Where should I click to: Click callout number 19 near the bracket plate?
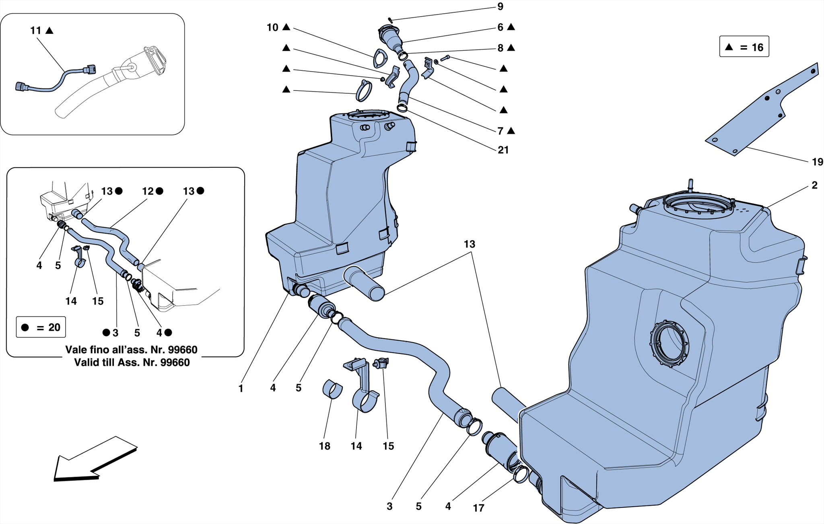(x=817, y=162)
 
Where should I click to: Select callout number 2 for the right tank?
(x=814, y=185)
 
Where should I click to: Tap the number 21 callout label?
(x=503, y=150)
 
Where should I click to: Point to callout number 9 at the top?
(x=500, y=6)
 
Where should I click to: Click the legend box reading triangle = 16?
(x=744, y=47)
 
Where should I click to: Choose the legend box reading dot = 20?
(x=41, y=327)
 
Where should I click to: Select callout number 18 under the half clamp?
(x=324, y=446)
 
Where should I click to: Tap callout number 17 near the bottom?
(x=478, y=508)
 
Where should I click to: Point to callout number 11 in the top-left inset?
(x=36, y=31)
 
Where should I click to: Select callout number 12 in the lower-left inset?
(x=148, y=191)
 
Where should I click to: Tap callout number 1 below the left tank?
(x=241, y=388)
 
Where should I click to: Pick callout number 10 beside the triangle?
(x=272, y=27)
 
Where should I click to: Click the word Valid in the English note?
(x=86, y=362)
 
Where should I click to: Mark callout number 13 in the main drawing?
(x=469, y=244)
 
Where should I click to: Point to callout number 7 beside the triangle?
(x=500, y=131)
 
